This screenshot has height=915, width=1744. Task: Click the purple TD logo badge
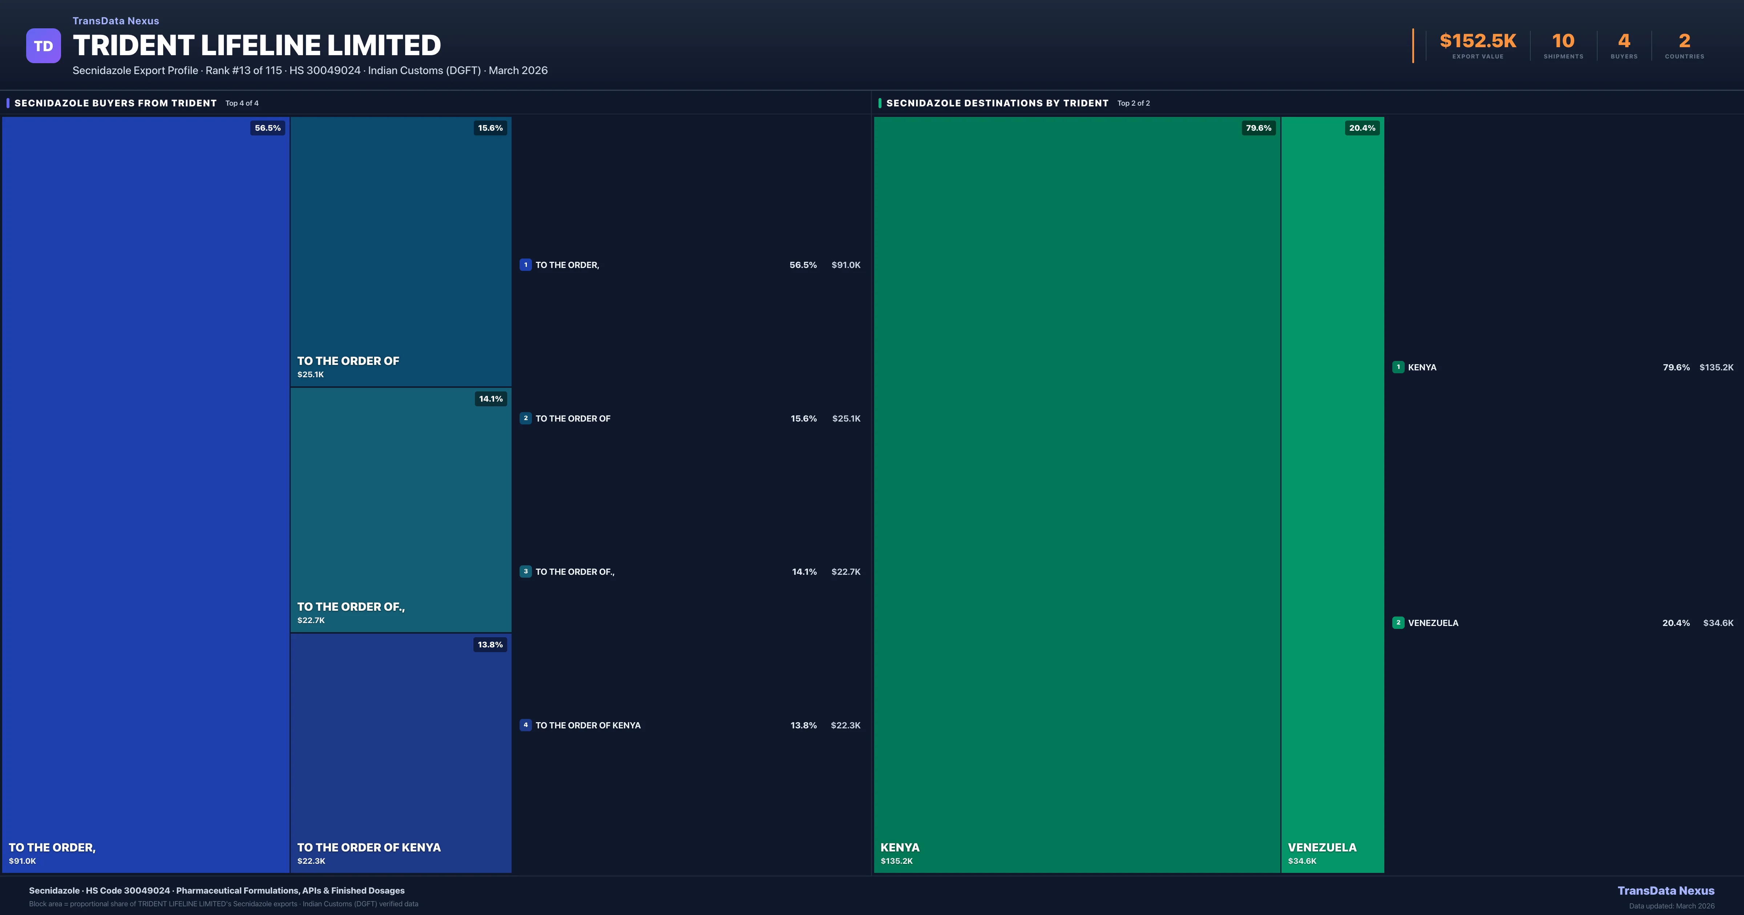(x=43, y=46)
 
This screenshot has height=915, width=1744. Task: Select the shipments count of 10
(x=1563, y=41)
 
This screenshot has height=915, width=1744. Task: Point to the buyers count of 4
(x=1623, y=41)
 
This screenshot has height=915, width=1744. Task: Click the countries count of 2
(x=1684, y=41)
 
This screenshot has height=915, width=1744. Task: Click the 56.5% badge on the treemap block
(x=267, y=128)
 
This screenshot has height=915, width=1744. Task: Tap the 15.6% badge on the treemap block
(x=490, y=128)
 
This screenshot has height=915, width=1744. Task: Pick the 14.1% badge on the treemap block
(x=491, y=399)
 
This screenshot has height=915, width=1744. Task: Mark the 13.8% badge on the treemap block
(x=490, y=644)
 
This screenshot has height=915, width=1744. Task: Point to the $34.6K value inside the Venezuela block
(x=1302, y=861)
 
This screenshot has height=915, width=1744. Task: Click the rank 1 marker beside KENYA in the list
(x=1398, y=367)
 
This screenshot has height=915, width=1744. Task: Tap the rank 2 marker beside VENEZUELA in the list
(x=1398, y=623)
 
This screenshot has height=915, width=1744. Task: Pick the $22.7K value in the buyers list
(x=845, y=572)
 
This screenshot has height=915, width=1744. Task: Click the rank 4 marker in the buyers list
(x=525, y=725)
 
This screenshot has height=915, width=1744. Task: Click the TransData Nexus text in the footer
(x=1666, y=891)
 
